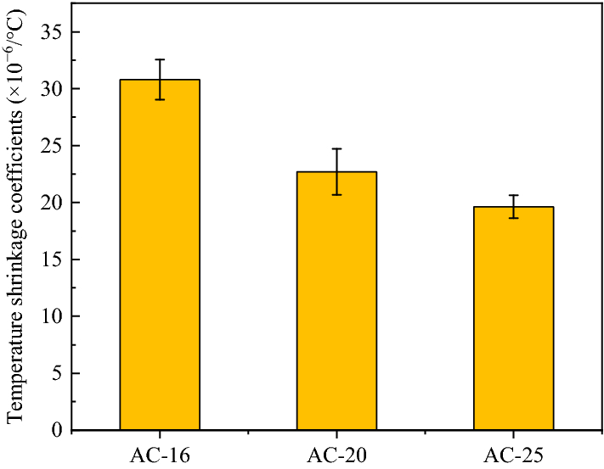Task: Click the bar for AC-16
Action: click(x=160, y=254)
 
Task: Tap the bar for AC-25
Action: click(x=513, y=318)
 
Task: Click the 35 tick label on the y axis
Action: click(x=52, y=32)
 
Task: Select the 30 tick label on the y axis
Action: click(x=52, y=89)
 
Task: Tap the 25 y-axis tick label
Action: click(x=52, y=146)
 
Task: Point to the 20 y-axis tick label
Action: click(x=52, y=203)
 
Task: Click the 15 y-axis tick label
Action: click(x=52, y=260)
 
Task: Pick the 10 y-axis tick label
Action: click(x=52, y=316)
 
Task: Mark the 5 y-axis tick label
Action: click(x=56, y=373)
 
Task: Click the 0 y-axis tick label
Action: click(x=56, y=430)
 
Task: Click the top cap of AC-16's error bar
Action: click(x=160, y=59)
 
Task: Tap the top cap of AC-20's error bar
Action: click(x=336, y=148)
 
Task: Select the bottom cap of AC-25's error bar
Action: click(x=513, y=218)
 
